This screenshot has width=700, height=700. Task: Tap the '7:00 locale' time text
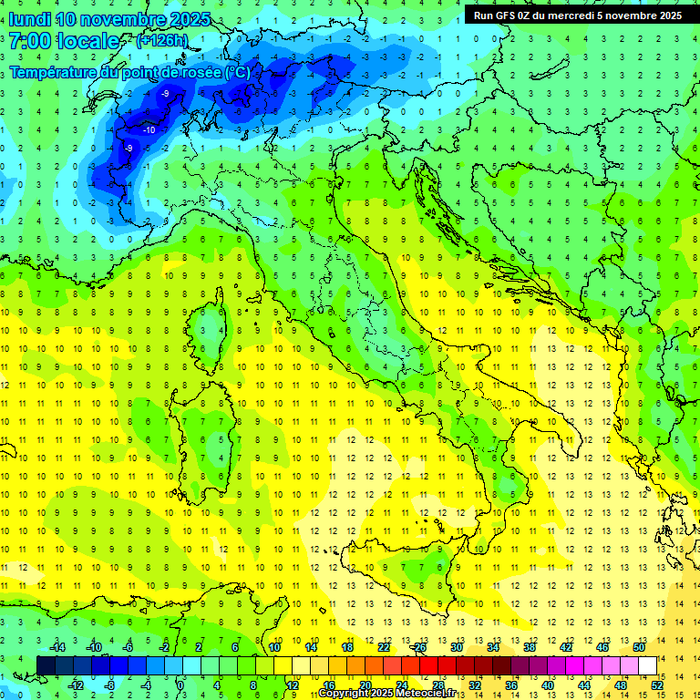click(64, 41)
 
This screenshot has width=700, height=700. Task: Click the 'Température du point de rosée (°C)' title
click(129, 71)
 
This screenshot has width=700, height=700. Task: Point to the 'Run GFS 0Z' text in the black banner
click(507, 15)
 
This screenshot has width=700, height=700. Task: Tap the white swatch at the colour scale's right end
click(647, 665)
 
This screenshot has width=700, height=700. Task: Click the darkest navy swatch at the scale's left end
click(46, 665)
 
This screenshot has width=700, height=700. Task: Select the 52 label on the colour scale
click(657, 685)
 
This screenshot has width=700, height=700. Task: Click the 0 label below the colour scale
click(180, 685)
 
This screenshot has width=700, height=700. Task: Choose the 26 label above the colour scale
click(419, 647)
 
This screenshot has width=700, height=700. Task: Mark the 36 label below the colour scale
click(511, 685)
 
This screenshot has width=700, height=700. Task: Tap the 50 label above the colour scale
click(639, 647)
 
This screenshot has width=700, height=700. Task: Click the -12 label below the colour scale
click(76, 685)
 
